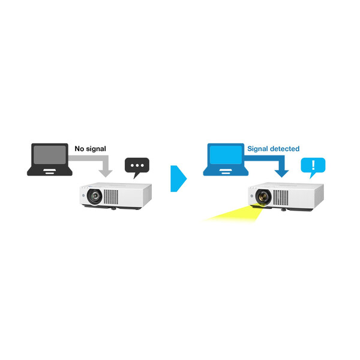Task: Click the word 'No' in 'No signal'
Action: click(79, 148)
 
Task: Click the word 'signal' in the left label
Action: click(99, 148)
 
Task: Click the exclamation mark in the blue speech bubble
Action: click(312, 165)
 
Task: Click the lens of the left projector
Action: click(94, 196)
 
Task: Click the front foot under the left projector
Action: click(112, 209)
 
